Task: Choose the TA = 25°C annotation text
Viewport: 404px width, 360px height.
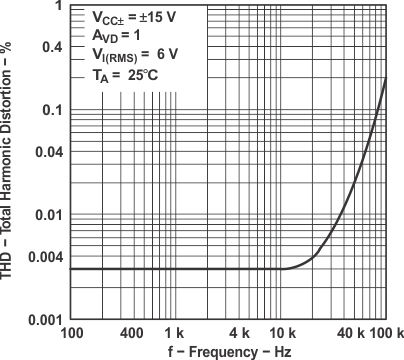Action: [x=118, y=75]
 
